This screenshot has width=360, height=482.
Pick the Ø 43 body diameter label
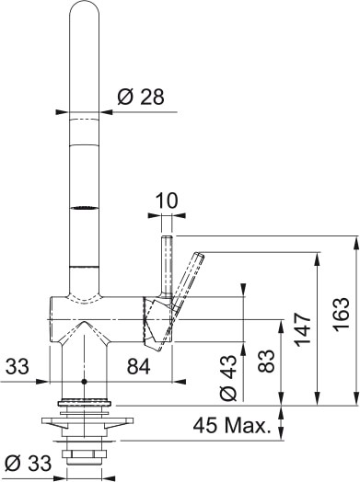[x=230, y=378]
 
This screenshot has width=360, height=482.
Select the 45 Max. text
[x=233, y=426]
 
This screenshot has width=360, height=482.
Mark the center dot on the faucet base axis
[x=83, y=381]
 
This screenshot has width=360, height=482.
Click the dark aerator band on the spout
[x=83, y=209]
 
